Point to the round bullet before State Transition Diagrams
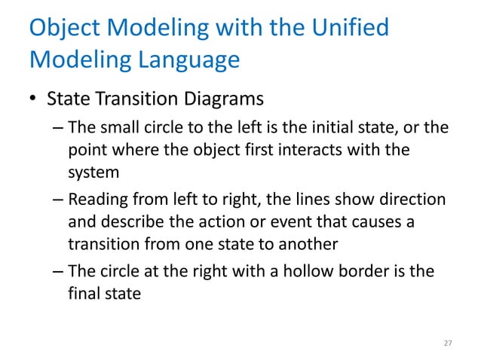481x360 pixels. (x=33, y=100)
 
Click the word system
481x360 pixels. (x=93, y=172)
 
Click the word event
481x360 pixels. (x=287, y=223)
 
